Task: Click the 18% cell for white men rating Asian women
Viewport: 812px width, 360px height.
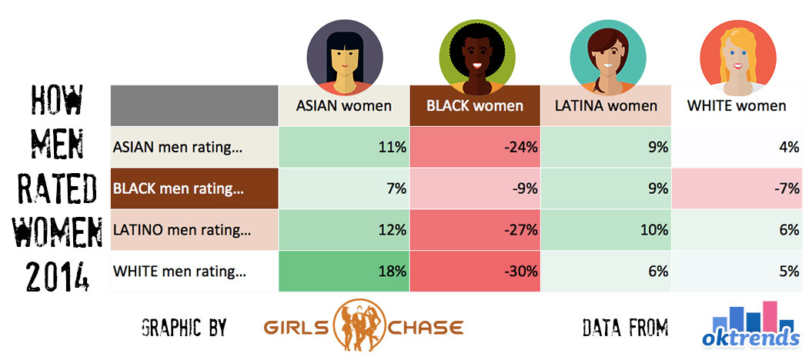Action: [x=344, y=272]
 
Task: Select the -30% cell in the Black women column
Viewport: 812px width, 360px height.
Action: [x=475, y=272]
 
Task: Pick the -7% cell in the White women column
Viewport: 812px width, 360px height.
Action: [x=737, y=188]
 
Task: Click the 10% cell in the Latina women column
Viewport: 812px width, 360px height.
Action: [x=606, y=230]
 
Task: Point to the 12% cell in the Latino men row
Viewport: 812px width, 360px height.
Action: [x=344, y=230]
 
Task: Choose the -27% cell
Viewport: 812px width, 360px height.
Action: [x=475, y=230]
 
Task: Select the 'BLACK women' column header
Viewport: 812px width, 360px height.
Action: [x=475, y=106]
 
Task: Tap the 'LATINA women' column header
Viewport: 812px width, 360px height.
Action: [x=606, y=106]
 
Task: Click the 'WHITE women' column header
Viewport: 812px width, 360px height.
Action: [x=737, y=106]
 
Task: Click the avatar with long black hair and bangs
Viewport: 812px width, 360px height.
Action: [x=345, y=58]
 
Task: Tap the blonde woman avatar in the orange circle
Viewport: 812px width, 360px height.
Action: [x=738, y=58]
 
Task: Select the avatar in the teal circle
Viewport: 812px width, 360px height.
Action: [x=608, y=58]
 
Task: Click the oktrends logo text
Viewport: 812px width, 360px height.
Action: [x=751, y=338]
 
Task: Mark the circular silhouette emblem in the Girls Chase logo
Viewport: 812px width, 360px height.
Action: [x=361, y=325]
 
